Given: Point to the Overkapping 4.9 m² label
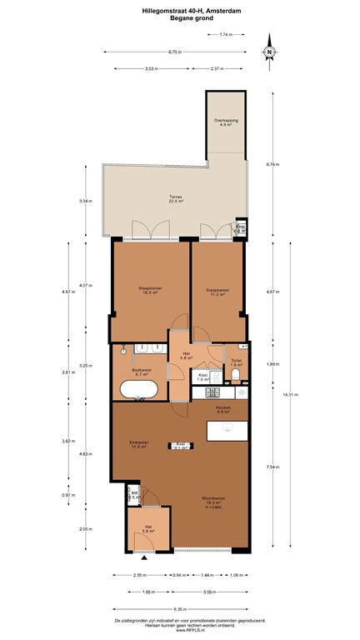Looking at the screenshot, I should pyautogui.click(x=226, y=123).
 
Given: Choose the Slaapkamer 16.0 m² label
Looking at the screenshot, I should pyautogui.click(x=149, y=291).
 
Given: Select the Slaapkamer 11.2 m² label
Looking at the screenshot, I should pyautogui.click(x=217, y=292).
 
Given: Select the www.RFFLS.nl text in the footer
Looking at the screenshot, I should pyautogui.click(x=180, y=632).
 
